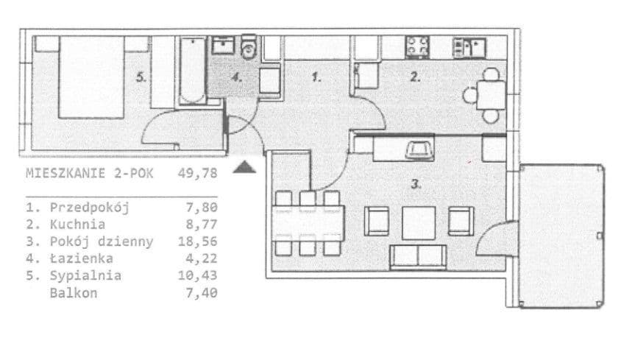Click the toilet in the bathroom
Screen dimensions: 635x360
click(x=249, y=47)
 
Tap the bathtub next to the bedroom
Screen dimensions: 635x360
click(x=192, y=71)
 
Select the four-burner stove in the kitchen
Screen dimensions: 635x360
click(x=417, y=46)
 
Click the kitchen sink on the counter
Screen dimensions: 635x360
click(x=469, y=47)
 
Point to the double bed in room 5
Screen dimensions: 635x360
click(x=91, y=77)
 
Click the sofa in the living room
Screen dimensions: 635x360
click(x=418, y=257)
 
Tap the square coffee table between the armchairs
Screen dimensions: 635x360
click(x=419, y=223)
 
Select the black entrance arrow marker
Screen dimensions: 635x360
click(x=244, y=166)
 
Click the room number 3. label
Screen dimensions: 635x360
click(x=416, y=184)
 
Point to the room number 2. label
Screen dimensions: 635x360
click(x=416, y=77)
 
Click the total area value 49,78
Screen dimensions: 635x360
click(x=197, y=174)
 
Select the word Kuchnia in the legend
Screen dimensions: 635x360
click(x=77, y=225)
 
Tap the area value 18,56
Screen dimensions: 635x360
click(x=198, y=241)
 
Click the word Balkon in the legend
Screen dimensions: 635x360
click(x=74, y=293)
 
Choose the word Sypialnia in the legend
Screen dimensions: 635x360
click(x=85, y=275)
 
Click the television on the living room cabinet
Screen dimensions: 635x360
click(x=420, y=149)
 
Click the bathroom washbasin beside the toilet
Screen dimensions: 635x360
click(x=223, y=46)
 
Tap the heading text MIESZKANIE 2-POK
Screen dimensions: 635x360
click(x=90, y=174)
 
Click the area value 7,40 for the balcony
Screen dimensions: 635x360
click(x=202, y=293)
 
